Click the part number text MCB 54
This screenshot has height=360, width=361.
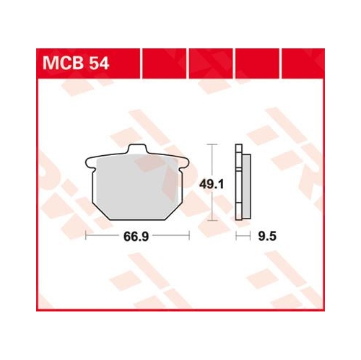(76, 63)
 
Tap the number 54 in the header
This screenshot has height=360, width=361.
(100, 63)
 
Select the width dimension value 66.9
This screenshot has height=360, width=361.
(136, 237)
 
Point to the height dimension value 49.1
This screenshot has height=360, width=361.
(212, 185)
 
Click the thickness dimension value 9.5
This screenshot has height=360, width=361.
(267, 237)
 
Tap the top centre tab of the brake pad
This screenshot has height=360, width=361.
(137, 149)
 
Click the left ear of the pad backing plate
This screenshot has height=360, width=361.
(90, 162)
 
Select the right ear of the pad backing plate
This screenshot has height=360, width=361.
(185, 162)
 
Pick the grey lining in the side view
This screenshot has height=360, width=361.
(246, 187)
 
